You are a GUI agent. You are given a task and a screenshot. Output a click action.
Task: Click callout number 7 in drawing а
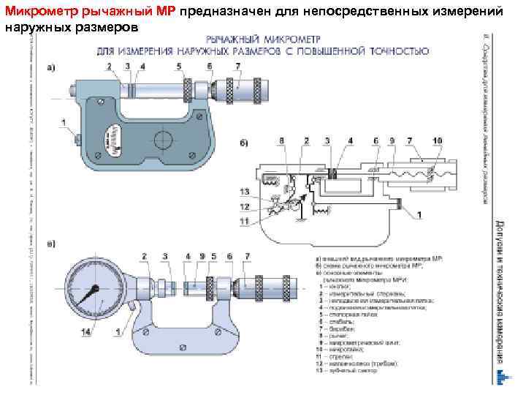[x=237, y=67]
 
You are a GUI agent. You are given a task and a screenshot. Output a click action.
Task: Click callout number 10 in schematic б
[x=438, y=140]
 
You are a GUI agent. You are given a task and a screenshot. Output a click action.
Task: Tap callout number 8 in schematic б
[x=282, y=140]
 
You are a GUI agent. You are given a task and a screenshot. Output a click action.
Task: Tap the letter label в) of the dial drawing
[x=50, y=244]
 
